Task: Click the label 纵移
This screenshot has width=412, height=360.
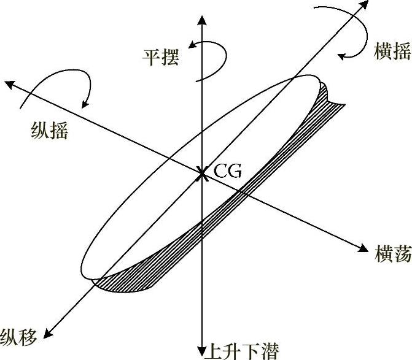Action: (x=19, y=335)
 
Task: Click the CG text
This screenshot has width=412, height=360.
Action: (x=228, y=171)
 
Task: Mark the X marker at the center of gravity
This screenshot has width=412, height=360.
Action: (x=201, y=175)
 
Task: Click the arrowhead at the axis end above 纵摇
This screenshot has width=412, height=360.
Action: (x=9, y=83)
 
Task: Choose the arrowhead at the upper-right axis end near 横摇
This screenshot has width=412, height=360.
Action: (x=364, y=6)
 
